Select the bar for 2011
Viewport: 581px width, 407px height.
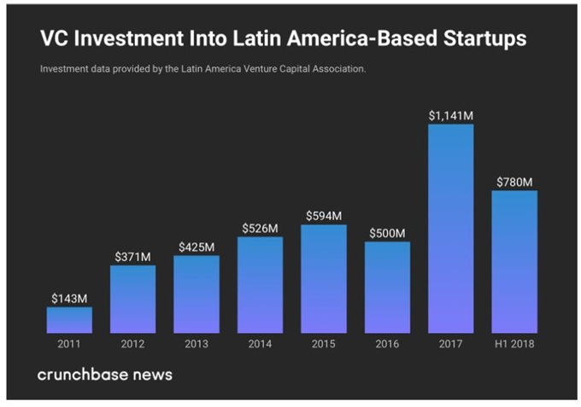click(69, 319)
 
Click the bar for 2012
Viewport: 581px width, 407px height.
click(132, 299)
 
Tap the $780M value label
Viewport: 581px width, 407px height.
click(514, 182)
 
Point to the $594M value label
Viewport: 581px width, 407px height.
click(324, 216)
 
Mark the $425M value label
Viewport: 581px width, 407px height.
click(197, 247)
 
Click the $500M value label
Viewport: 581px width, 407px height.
click(387, 233)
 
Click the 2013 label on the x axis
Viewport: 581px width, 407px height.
click(197, 345)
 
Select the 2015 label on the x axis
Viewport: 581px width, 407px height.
click(324, 345)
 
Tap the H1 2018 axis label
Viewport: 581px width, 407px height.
click(514, 345)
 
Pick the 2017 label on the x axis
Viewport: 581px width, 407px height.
click(450, 345)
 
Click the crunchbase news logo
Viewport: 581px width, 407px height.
click(104, 375)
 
